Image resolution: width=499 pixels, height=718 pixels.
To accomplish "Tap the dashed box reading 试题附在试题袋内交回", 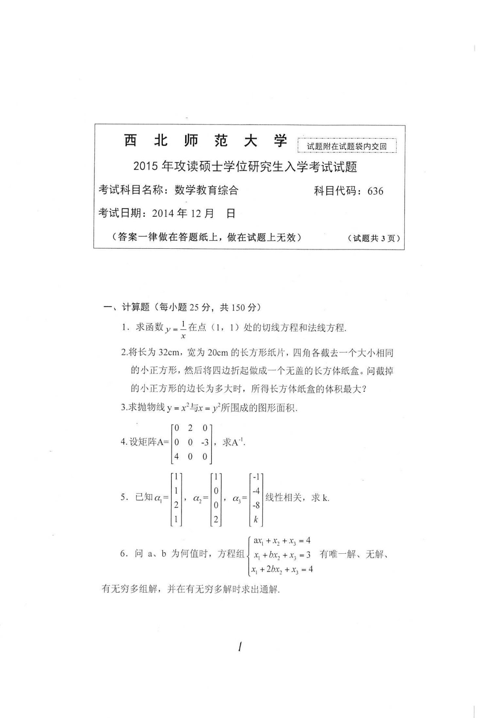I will coord(347,146).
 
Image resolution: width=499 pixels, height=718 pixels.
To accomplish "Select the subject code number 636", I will coord(375,191).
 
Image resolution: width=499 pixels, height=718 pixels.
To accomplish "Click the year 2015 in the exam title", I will coord(146,167).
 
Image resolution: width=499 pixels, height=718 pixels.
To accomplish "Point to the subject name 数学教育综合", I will coord(206,190).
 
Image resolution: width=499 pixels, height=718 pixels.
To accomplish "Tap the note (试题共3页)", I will coord(374,238).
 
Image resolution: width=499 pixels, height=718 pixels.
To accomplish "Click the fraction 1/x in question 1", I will coord(183,329).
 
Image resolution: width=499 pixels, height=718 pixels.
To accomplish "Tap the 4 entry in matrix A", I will coord(176,456).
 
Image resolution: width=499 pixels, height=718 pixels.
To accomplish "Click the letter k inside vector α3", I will coord(256,519).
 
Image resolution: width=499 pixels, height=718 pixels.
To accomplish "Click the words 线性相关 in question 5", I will coord(284,497).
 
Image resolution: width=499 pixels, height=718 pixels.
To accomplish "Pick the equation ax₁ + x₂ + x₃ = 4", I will coord(282,541).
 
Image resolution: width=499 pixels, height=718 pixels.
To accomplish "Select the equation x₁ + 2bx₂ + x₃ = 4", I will coord(282,569).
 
